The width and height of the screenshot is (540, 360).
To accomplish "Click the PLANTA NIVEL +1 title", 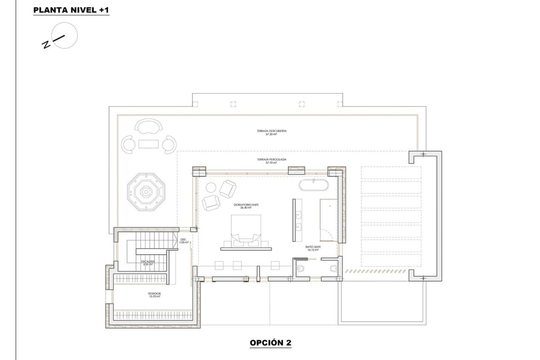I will [x=71, y=10].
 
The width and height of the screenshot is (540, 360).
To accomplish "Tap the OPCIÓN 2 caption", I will [x=270, y=343].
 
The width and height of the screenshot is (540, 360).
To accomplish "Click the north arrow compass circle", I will [x=64, y=35].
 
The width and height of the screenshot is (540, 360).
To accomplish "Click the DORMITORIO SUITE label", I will [x=246, y=206].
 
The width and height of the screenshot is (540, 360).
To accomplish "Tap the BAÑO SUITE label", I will [x=313, y=248].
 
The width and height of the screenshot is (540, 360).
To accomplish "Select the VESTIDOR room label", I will [x=154, y=295].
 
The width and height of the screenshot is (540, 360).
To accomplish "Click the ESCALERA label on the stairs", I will [x=148, y=263].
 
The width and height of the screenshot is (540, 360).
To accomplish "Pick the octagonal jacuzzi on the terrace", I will [x=146, y=192].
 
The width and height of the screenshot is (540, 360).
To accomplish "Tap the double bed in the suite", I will [x=246, y=231].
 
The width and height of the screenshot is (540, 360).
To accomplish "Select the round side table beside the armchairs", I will [x=211, y=187].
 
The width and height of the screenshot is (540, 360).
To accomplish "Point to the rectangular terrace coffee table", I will [x=148, y=144].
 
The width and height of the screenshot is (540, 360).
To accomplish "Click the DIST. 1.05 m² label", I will [x=184, y=241].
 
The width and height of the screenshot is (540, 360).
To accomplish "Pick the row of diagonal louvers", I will [x=375, y=271].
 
